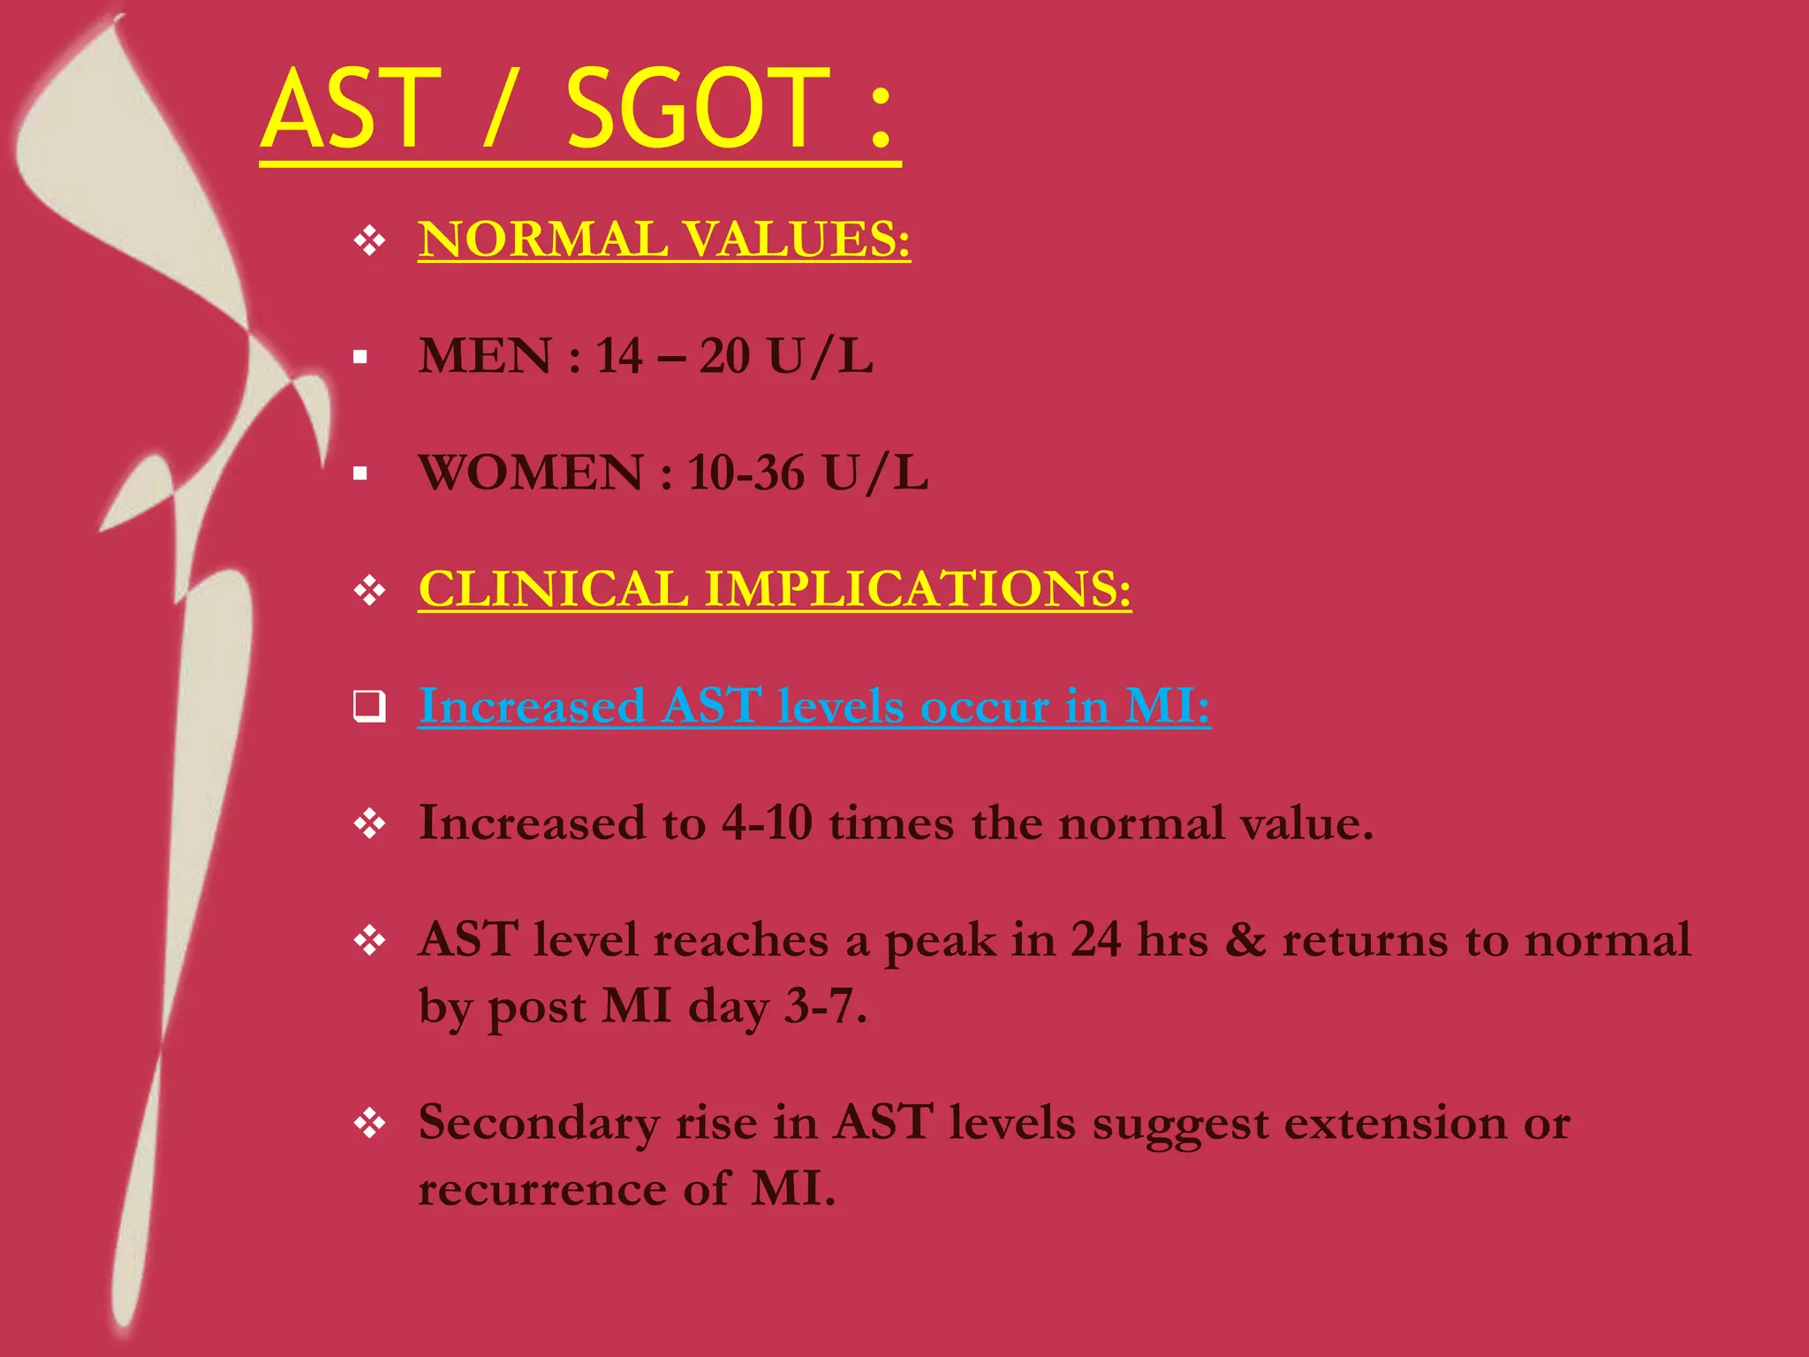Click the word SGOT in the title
pos(698,110)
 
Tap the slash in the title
pos(498,110)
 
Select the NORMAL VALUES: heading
pos(663,239)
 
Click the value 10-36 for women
pos(746,473)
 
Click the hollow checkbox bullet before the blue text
pos(369,707)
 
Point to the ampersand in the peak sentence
pos(1245,940)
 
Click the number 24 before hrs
pos(1096,940)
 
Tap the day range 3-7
pos(825,1006)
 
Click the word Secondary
pos(539,1123)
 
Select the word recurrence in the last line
pos(541,1189)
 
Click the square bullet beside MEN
pos(360,358)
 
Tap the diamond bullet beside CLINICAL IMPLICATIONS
pos(369,590)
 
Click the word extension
pos(1395,1123)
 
